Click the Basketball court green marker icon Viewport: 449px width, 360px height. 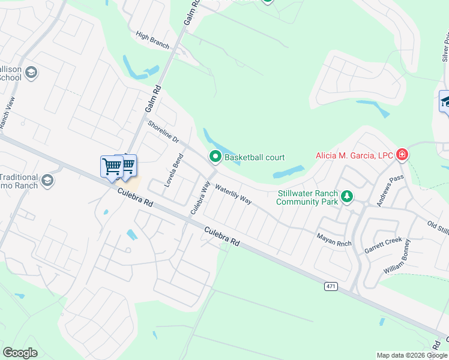215,157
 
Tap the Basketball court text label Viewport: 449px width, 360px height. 255,158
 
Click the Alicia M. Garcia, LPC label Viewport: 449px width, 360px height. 355,156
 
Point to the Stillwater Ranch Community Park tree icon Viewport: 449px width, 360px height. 346,196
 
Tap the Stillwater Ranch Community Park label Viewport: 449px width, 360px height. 307,197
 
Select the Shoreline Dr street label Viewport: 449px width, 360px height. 163,132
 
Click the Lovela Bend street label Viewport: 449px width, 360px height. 174,170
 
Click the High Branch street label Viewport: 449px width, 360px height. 152,40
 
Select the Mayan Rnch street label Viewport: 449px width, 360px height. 334,238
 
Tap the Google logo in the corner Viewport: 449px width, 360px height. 20,353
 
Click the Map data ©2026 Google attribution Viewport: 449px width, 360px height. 412,355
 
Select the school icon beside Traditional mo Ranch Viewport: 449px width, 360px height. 48,179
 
